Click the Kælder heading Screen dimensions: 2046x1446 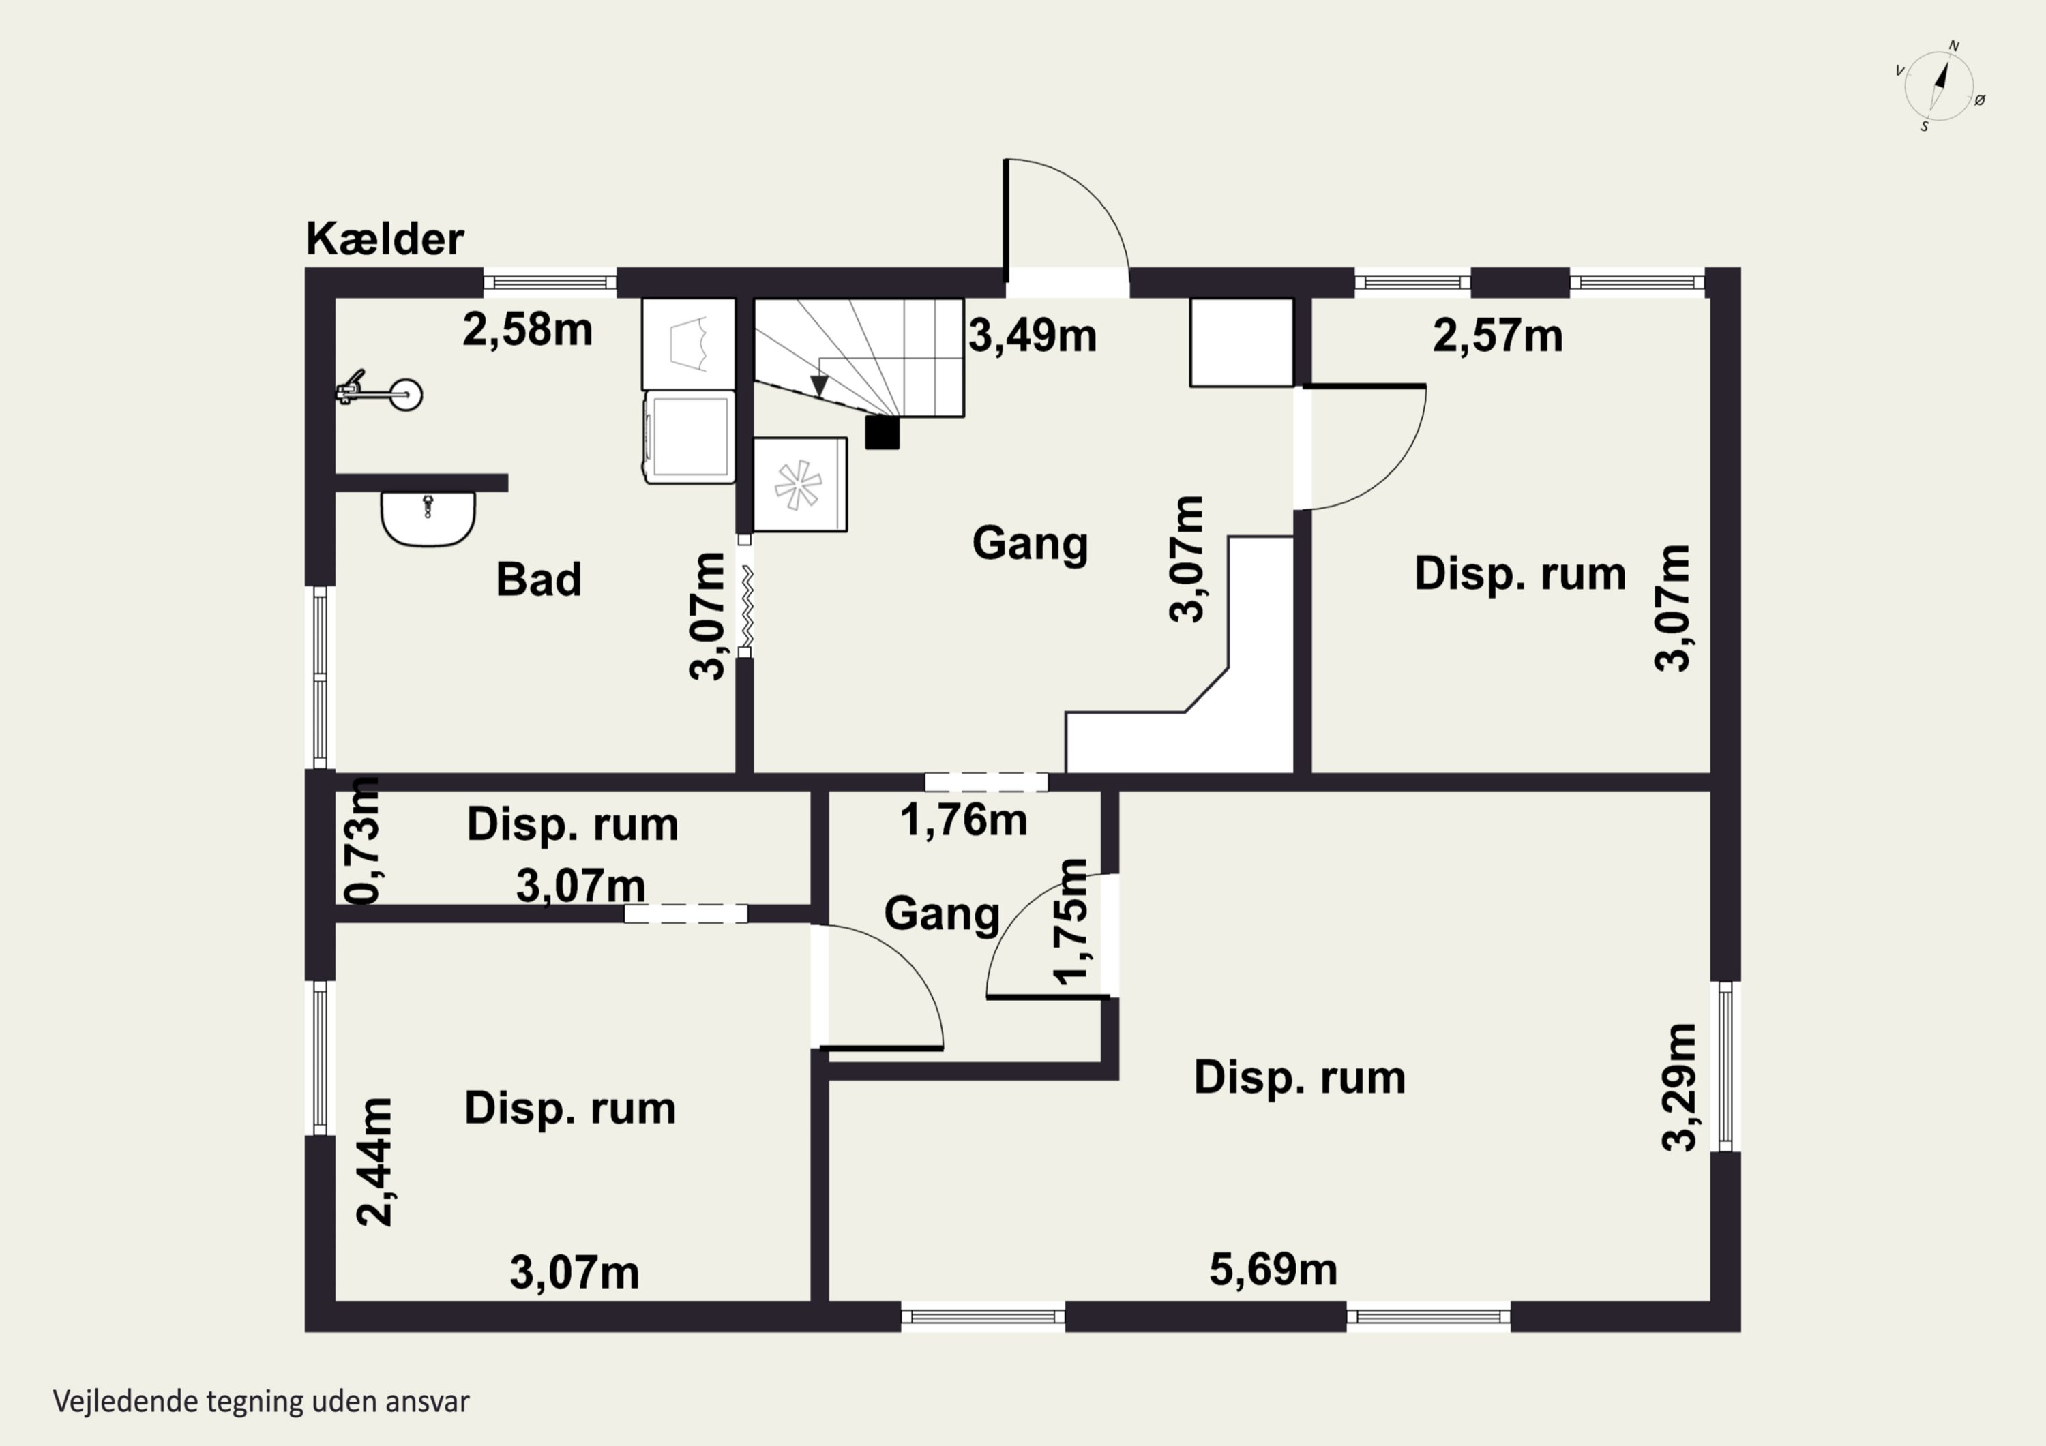click(385, 239)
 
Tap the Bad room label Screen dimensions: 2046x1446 click(538, 579)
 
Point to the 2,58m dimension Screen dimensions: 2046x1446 click(528, 330)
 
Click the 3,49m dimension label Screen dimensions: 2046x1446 click(1032, 336)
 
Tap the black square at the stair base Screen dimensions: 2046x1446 click(883, 433)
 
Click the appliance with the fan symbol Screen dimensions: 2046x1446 click(799, 485)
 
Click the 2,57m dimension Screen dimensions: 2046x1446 click(1498, 336)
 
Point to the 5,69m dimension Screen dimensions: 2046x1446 click(1273, 1269)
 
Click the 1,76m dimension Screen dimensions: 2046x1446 click(964, 819)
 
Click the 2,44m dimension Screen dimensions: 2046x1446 click(375, 1162)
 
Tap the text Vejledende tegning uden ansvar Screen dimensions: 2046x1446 click(261, 1402)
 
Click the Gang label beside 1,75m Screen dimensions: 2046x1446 click(942, 914)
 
